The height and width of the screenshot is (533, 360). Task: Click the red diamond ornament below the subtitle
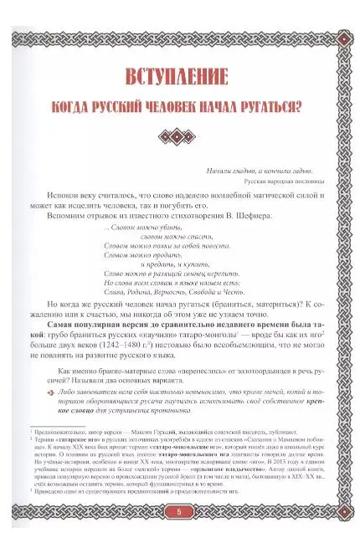[x=181, y=136]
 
